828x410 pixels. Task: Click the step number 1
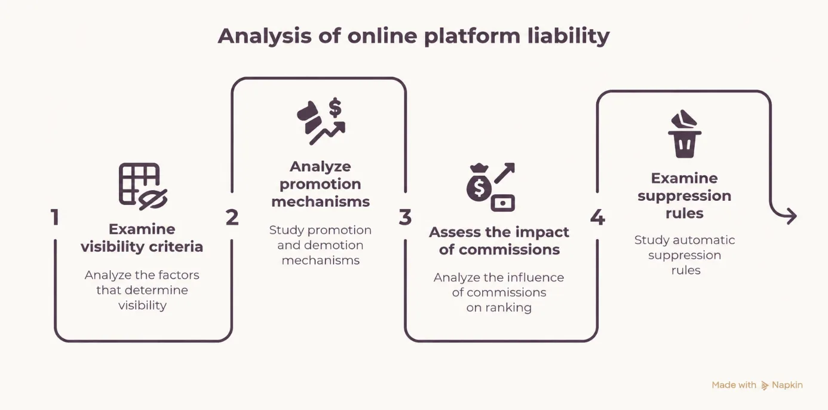[55, 217]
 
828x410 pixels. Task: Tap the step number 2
[232, 217]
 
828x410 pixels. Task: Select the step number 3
[405, 217]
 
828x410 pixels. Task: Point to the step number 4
[597, 217]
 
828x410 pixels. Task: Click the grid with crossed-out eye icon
[143, 186]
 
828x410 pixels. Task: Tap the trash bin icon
[684, 134]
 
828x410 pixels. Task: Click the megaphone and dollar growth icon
[321, 121]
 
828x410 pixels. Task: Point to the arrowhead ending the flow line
[790, 216]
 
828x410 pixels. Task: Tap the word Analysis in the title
[264, 36]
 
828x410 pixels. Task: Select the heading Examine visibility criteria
[142, 238]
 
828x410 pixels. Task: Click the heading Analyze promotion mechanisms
[320, 184]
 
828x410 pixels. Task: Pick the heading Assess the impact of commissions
[499, 241]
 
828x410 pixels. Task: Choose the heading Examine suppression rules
[685, 195]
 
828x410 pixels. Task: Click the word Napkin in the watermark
[787, 385]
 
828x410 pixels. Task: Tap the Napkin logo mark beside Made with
[765, 385]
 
